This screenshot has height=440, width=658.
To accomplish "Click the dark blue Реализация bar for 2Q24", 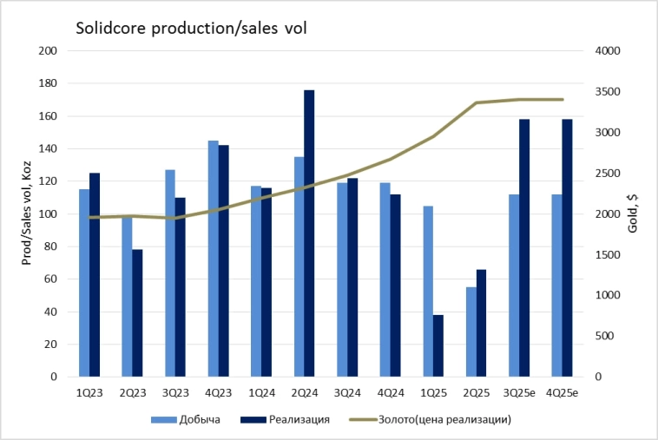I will click(309, 233).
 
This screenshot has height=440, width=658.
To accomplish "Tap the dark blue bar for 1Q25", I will click(438, 345).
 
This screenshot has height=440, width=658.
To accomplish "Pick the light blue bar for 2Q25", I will click(471, 332).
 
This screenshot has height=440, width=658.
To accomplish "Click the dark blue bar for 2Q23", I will click(138, 313).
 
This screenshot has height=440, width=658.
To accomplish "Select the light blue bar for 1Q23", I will click(84, 283).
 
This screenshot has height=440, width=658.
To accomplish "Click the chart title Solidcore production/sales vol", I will click(191, 29).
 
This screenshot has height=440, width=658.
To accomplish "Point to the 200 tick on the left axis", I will click(48, 51).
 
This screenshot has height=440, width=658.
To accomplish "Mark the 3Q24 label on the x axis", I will click(347, 393).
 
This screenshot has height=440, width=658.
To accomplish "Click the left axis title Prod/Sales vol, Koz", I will click(26, 213).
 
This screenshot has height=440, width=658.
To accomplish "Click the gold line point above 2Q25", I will click(477, 102).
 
